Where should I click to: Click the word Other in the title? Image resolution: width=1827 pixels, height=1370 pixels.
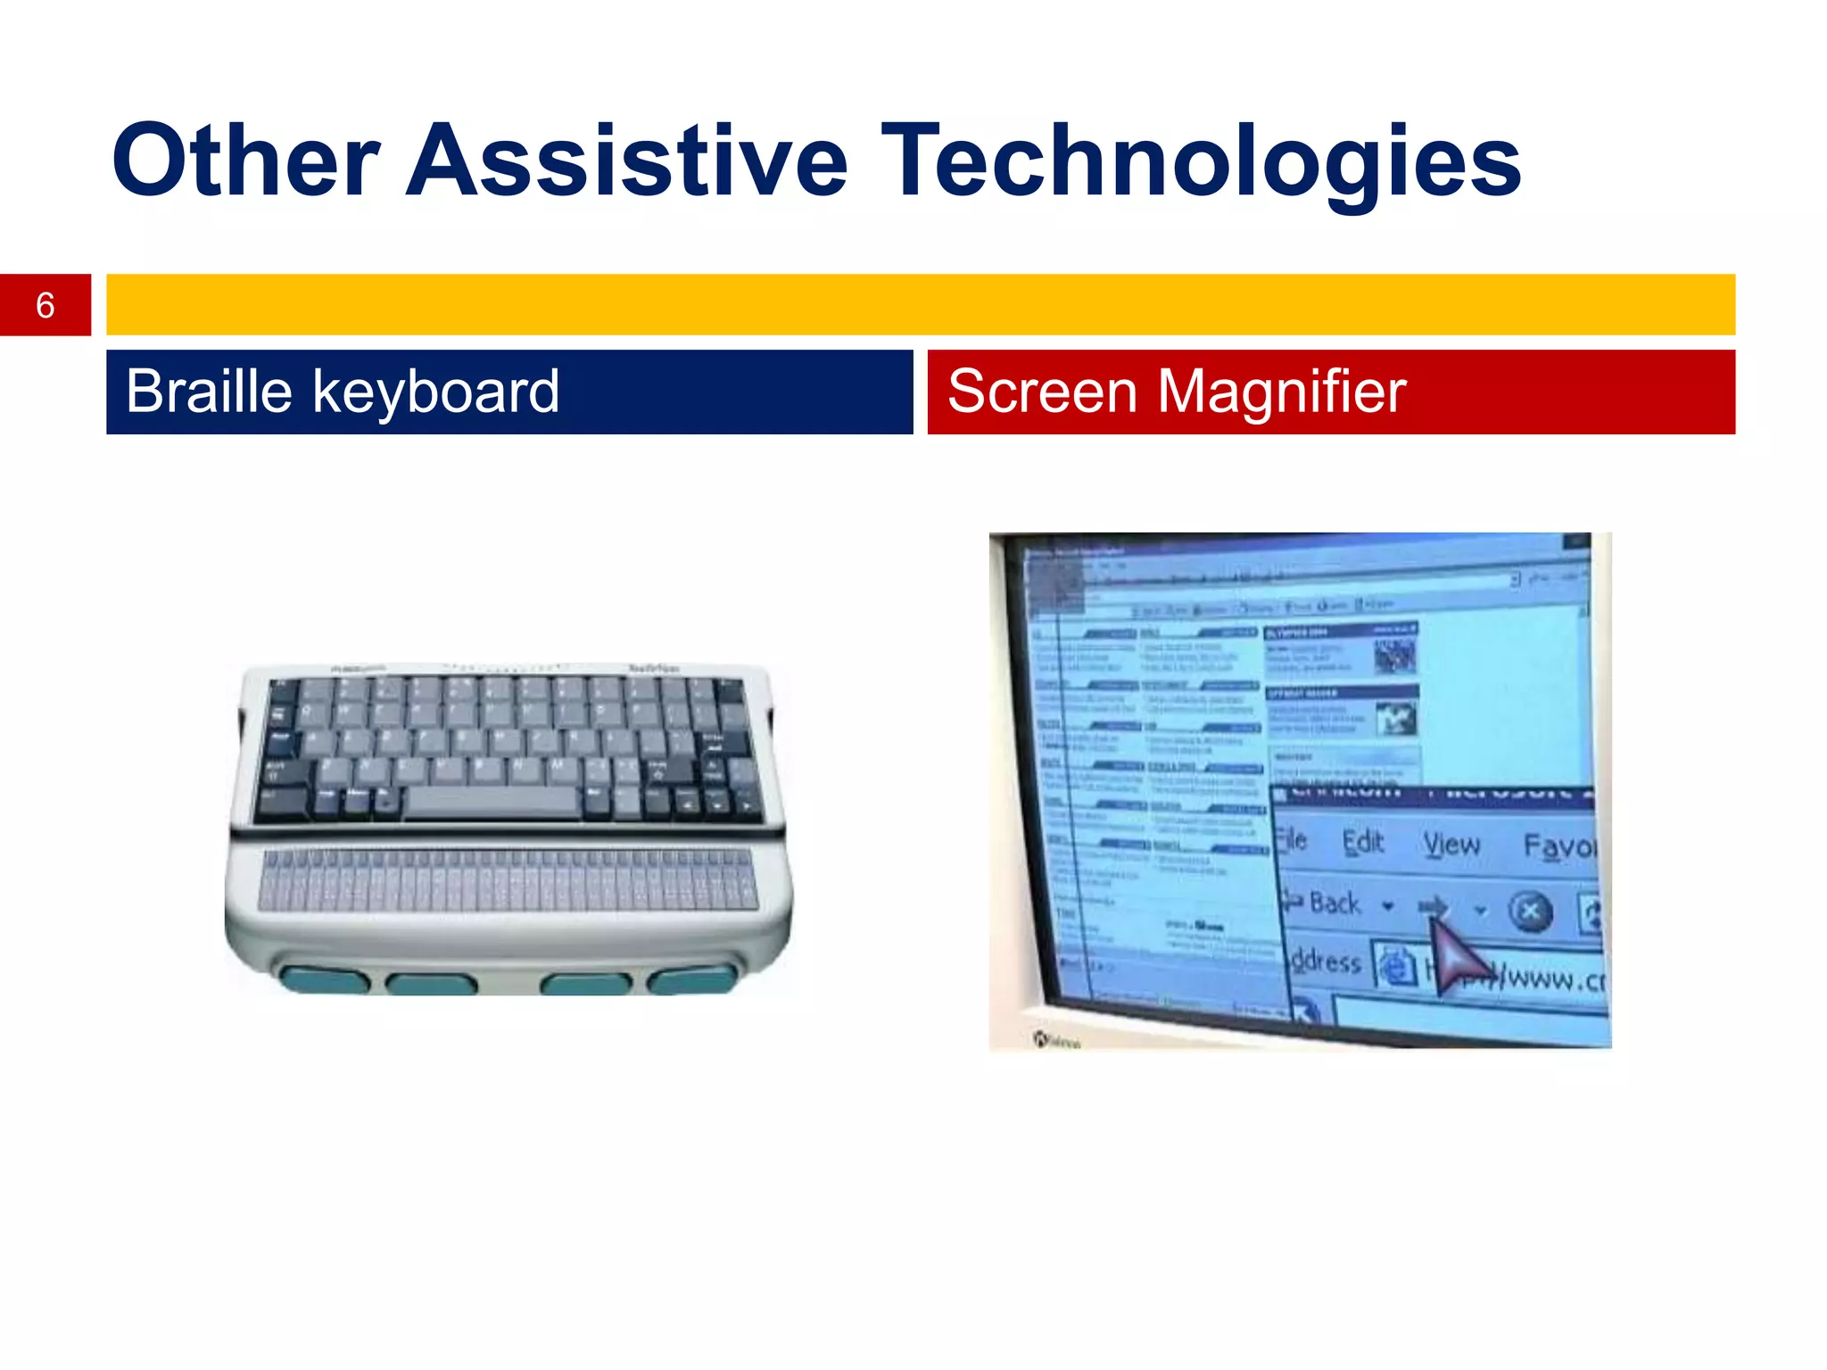[245, 161]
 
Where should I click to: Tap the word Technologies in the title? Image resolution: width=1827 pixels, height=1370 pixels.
[1201, 161]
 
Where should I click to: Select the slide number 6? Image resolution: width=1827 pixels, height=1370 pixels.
[45, 305]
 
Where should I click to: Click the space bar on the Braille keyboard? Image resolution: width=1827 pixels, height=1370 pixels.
[492, 802]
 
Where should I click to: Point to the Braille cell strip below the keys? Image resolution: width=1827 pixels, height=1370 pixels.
[508, 881]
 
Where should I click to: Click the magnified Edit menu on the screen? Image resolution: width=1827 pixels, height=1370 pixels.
[1362, 841]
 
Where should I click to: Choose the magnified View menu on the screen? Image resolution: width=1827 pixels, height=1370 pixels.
[1451, 844]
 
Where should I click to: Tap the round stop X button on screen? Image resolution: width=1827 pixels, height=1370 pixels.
[1530, 912]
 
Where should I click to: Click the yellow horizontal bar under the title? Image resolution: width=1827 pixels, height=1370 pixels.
[919, 304]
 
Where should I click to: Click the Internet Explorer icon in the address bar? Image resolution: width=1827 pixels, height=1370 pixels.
[1395, 966]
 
